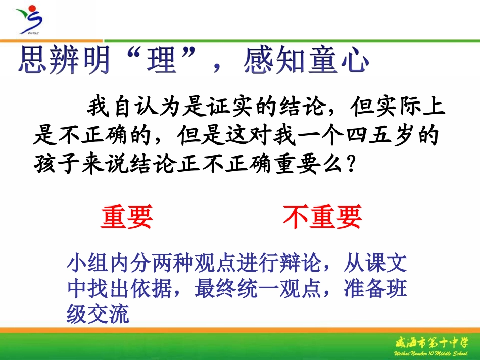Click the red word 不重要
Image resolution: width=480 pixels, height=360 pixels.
coord(322,218)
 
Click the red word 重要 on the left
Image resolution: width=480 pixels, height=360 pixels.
coord(126,218)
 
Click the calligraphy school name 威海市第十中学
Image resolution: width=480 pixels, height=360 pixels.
coord(435,343)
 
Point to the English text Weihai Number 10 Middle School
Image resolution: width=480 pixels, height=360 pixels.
coord(435,353)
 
